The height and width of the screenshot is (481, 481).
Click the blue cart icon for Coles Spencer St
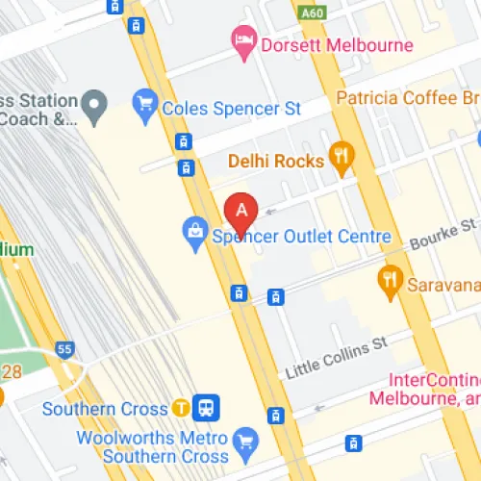click(145, 101)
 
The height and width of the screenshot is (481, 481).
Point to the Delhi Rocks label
click(275, 161)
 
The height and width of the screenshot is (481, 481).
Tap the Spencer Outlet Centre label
click(301, 236)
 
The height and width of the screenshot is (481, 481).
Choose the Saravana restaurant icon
click(390, 278)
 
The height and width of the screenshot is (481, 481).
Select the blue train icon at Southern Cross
click(205, 408)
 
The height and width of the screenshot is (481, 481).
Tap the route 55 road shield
click(64, 350)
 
